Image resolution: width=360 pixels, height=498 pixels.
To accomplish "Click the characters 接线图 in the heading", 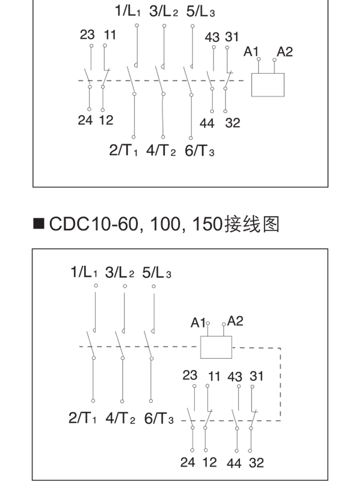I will (x=251, y=224).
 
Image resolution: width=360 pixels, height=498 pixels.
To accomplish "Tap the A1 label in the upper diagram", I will (x=251, y=51).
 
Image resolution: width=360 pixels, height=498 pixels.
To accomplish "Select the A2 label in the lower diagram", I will (x=235, y=321).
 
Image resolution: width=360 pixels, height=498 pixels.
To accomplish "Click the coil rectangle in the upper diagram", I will (x=268, y=85).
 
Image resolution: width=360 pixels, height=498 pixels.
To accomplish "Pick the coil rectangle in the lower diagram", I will (x=216, y=347).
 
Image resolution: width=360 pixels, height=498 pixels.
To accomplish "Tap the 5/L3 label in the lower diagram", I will (x=156, y=273).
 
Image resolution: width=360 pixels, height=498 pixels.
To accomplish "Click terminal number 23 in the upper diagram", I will (x=87, y=35).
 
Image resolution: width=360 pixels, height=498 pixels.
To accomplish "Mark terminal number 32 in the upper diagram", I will (x=232, y=123).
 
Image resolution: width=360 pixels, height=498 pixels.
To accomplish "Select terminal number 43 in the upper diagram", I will (x=213, y=37).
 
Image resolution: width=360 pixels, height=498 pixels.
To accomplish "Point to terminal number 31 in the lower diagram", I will (x=256, y=376).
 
